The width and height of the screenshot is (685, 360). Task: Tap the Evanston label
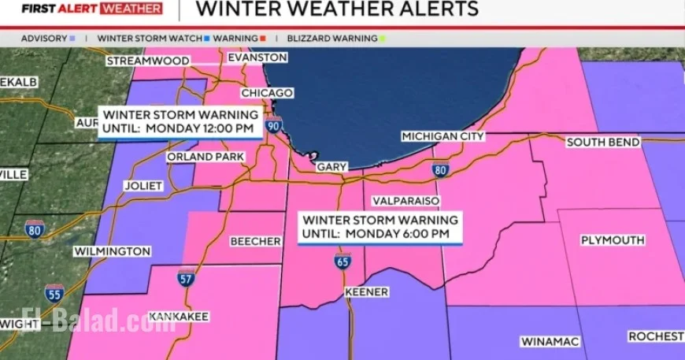257,58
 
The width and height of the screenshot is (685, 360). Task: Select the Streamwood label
147,61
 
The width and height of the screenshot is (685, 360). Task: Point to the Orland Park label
205,157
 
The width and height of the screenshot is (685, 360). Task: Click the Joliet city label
143,186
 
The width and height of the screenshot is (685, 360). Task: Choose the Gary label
331,167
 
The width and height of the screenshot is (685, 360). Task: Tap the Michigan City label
442,136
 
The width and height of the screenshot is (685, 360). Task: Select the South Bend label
603,142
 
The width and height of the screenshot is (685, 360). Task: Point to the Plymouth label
613,239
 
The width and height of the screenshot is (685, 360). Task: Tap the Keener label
366,291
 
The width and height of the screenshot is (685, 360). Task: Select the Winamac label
550,341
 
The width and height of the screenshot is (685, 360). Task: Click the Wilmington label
112,251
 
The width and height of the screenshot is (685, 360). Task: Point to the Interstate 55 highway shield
54,294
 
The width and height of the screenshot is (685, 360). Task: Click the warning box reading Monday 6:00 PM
380,226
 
